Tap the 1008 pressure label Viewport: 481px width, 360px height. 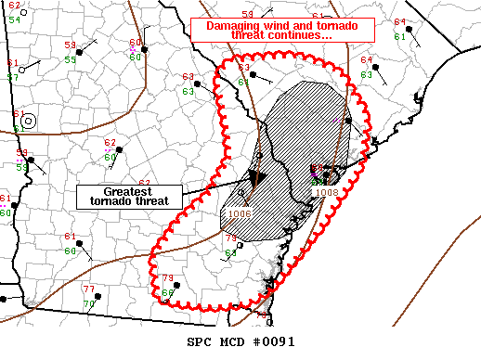(326, 192)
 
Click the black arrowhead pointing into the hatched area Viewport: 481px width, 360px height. (256, 175)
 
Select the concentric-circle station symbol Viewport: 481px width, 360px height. (29, 120)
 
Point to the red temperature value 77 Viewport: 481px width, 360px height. (88, 289)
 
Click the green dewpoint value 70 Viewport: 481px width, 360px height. (89, 302)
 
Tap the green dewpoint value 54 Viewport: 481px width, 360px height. (14, 19)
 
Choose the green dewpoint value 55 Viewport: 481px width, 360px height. (71, 59)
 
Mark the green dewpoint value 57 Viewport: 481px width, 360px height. (12, 76)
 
